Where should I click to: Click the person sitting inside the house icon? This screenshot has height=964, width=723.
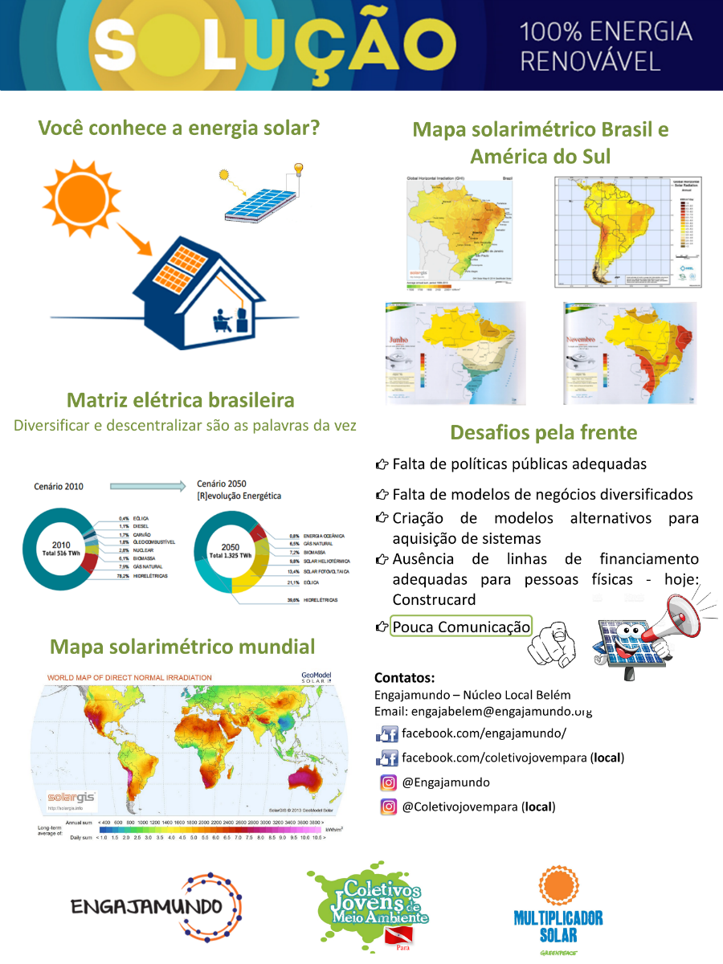tap(220, 320)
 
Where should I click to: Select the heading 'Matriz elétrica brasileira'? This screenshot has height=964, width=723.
tap(180, 400)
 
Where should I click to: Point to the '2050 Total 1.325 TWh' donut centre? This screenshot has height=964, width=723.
tap(231, 551)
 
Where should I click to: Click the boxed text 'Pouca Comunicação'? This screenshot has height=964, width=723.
tap(461, 627)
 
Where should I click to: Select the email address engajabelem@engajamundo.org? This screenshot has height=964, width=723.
tap(483, 711)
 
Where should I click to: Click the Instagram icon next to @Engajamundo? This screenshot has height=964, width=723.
tap(389, 782)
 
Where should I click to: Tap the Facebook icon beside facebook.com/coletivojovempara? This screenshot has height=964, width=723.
tap(387, 758)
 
